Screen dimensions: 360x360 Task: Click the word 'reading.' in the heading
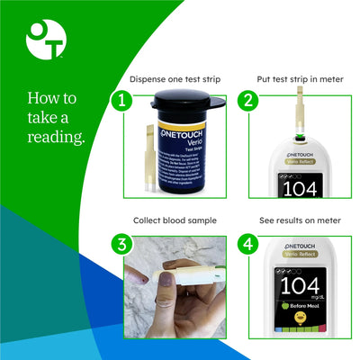(56, 137)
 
